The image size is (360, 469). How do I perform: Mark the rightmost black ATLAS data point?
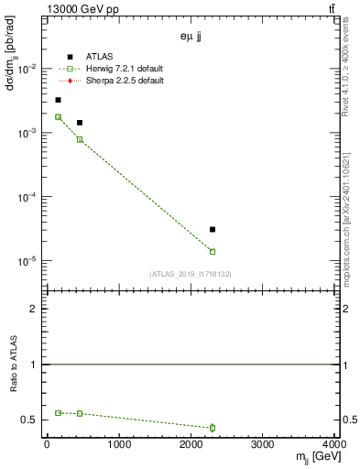tap(213, 229)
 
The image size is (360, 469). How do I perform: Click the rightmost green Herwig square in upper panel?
tap(213, 251)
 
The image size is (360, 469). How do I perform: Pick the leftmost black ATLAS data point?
tap(58, 100)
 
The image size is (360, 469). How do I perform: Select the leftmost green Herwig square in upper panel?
tap(58, 117)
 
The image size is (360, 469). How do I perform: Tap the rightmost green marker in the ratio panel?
tap(213, 427)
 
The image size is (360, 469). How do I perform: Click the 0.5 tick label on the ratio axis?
tap(32, 420)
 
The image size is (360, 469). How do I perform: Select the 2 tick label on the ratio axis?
tap(37, 309)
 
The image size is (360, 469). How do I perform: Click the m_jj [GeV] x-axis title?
tap(316, 457)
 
